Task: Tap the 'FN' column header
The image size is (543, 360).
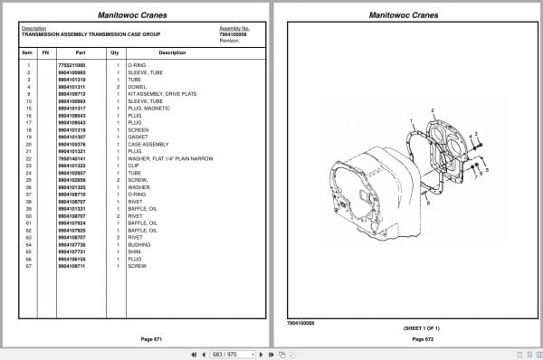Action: [x=46, y=52]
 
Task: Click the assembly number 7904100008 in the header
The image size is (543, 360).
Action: [x=233, y=33]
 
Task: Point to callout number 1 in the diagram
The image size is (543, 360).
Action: [x=411, y=120]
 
